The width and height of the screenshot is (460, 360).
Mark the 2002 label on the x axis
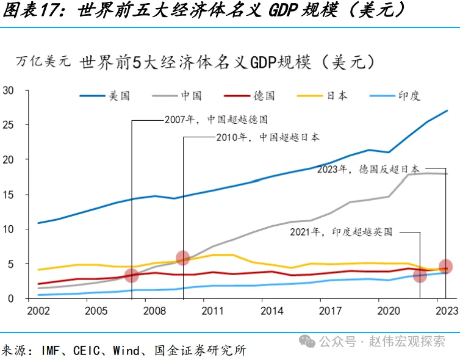pyautogui.click(x=38, y=311)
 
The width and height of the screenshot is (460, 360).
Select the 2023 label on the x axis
pyautogui.click(x=447, y=311)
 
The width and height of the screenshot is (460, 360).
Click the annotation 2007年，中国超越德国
pyautogui.click(x=216, y=120)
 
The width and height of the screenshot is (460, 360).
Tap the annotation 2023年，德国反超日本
pyautogui.click(x=368, y=169)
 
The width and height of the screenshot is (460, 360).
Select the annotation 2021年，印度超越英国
pyautogui.click(x=341, y=232)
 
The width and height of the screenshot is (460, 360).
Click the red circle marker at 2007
pyautogui.click(x=131, y=275)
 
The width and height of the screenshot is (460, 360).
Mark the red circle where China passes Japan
pyautogui.click(x=182, y=257)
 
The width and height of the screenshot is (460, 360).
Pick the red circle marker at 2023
pyautogui.click(x=446, y=266)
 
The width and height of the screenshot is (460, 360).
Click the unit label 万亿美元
pyautogui.click(x=43, y=62)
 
